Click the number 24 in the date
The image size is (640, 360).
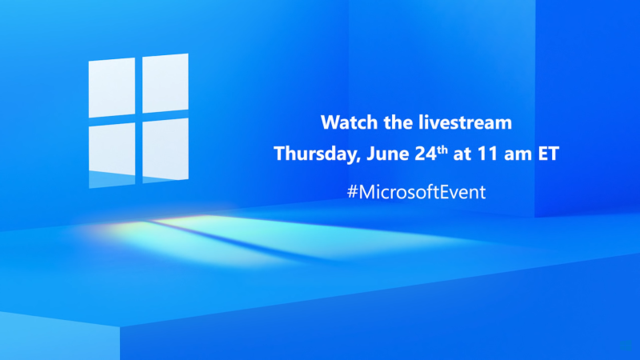(426, 154)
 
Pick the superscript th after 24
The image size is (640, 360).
(442, 150)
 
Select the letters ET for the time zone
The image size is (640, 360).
(548, 154)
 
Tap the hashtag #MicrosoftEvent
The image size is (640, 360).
(416, 192)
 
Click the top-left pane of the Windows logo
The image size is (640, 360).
(112, 87)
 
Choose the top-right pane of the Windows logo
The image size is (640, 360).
(166, 83)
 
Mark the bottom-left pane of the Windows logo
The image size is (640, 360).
(112, 155)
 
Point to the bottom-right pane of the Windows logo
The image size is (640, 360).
(166, 150)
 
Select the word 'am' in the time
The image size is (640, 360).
(518, 155)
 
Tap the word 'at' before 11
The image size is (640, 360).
(462, 154)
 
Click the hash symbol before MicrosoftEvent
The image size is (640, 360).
(352, 192)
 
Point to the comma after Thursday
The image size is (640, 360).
(358, 159)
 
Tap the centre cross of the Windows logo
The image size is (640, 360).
(138, 118)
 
